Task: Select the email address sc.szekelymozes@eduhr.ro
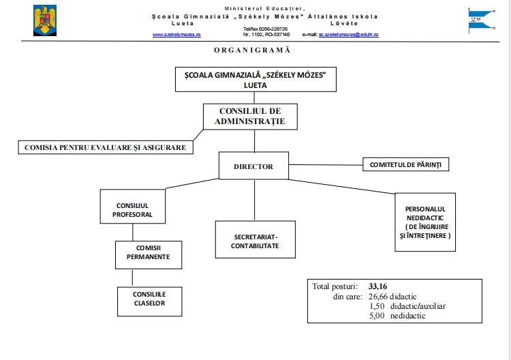pyautogui.click(x=348, y=34)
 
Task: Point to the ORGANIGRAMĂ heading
pyautogui.click(x=252, y=50)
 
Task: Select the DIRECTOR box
pyautogui.click(x=253, y=166)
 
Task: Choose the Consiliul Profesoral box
pyautogui.click(x=134, y=209)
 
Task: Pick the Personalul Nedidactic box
pyautogui.click(x=426, y=221)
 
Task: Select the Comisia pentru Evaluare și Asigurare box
pyautogui.click(x=105, y=147)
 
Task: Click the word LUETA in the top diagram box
pyautogui.click(x=255, y=86)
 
